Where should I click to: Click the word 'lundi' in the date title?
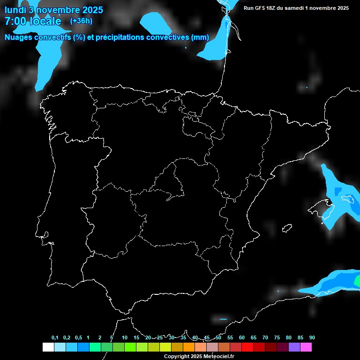[x=15, y=10]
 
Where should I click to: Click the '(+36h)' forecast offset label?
[x=81, y=21]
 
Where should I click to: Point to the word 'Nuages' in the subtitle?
[x=19, y=37]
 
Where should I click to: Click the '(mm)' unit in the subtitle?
[x=200, y=37]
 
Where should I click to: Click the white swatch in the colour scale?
[x=48, y=347]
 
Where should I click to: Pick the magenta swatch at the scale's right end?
[x=306, y=347]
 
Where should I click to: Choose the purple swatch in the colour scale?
[x=294, y=347]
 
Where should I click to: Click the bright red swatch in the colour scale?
[x=247, y=347]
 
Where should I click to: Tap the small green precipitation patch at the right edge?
[x=358, y=281]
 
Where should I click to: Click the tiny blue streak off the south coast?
[x=223, y=320]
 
